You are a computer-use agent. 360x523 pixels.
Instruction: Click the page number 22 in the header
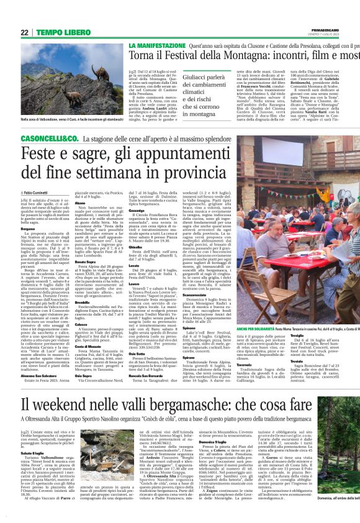point(24,32)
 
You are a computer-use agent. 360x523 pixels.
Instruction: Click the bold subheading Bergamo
point(30,228)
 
